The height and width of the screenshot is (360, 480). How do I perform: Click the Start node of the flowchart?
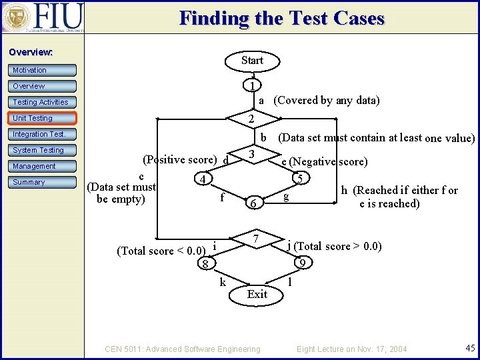(252, 61)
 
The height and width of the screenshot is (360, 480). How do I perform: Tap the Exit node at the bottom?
(257, 294)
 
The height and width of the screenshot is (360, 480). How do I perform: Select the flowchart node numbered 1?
(251, 86)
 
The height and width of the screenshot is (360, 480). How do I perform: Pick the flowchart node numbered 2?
(251, 119)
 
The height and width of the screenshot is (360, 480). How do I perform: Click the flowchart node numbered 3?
(251, 155)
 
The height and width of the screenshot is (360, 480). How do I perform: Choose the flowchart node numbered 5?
(301, 179)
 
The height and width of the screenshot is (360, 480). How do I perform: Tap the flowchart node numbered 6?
(251, 204)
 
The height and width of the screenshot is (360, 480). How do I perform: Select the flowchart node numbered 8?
(206, 265)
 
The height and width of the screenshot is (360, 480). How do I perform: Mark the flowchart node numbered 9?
(302, 263)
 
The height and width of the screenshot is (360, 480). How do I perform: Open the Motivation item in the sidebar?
(43, 70)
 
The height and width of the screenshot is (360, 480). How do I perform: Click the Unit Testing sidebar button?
(43, 118)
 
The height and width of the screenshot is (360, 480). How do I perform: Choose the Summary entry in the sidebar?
(43, 182)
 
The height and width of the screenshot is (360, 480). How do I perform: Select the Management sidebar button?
(43, 166)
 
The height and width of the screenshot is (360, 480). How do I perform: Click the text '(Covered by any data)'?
(327, 101)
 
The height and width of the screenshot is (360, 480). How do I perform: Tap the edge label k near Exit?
(223, 282)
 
